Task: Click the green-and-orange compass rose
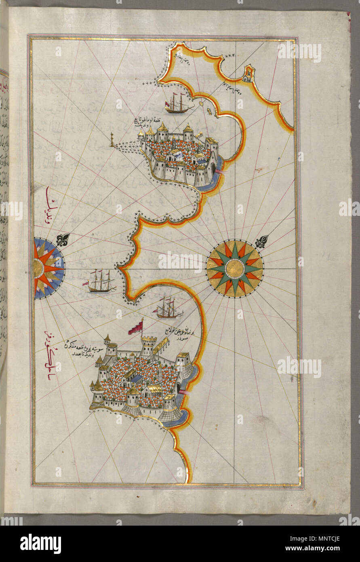(x=235, y=269)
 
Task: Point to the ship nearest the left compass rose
(x=101, y=281)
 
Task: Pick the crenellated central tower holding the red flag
(x=148, y=346)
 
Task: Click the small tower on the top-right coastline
(x=248, y=73)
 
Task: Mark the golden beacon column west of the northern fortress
(x=112, y=139)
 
